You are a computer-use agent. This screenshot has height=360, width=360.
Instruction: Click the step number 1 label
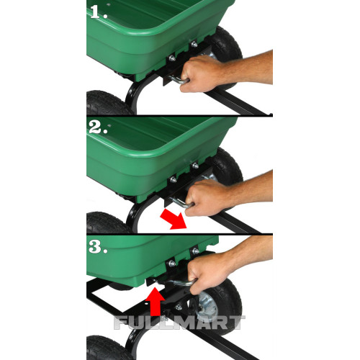(x=99, y=12)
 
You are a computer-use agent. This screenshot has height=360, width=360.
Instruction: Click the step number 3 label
(x=98, y=246)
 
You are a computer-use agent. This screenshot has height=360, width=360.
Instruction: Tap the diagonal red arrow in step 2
(x=174, y=219)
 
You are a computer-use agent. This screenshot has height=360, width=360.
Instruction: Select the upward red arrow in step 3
(x=156, y=301)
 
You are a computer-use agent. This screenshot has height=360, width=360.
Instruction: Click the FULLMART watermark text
(x=179, y=323)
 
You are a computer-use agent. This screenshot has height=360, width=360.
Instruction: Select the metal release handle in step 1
(x=178, y=80)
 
